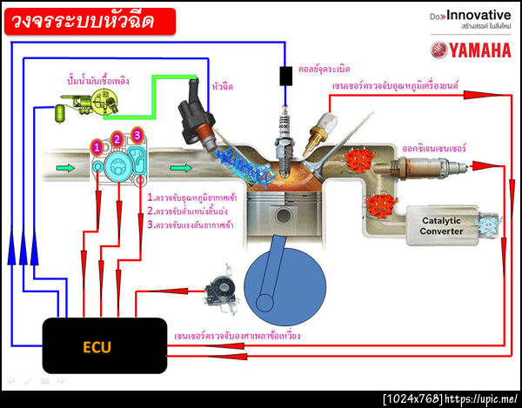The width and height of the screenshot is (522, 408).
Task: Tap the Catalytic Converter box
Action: [x=446, y=226]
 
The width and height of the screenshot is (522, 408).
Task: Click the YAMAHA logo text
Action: [x=470, y=50]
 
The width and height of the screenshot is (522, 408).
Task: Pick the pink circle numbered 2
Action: [x=117, y=139]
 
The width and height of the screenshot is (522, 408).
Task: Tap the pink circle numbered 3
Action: [x=137, y=134]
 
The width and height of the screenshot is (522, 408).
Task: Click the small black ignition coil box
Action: [x=285, y=76]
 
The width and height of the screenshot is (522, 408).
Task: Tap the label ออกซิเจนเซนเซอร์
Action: [x=432, y=148]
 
